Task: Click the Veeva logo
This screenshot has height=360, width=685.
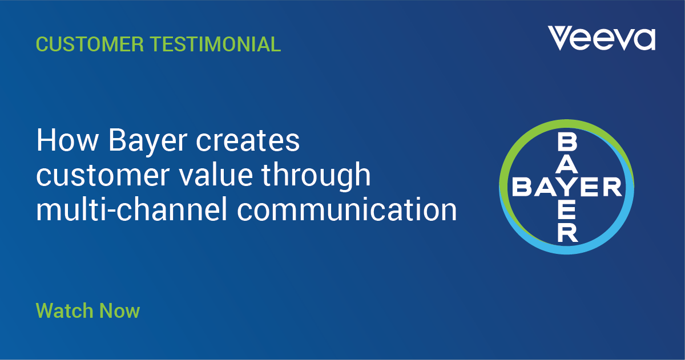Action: pos(602,38)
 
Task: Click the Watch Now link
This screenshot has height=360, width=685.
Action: pos(87,311)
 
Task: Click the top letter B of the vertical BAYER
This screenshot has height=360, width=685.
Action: pos(567,140)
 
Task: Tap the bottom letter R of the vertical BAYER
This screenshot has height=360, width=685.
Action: pos(567,232)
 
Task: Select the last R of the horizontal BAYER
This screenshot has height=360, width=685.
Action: pos(611,187)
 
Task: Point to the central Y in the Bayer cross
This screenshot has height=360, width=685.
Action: pos(567,187)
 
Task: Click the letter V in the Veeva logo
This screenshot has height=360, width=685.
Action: pos(559,38)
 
